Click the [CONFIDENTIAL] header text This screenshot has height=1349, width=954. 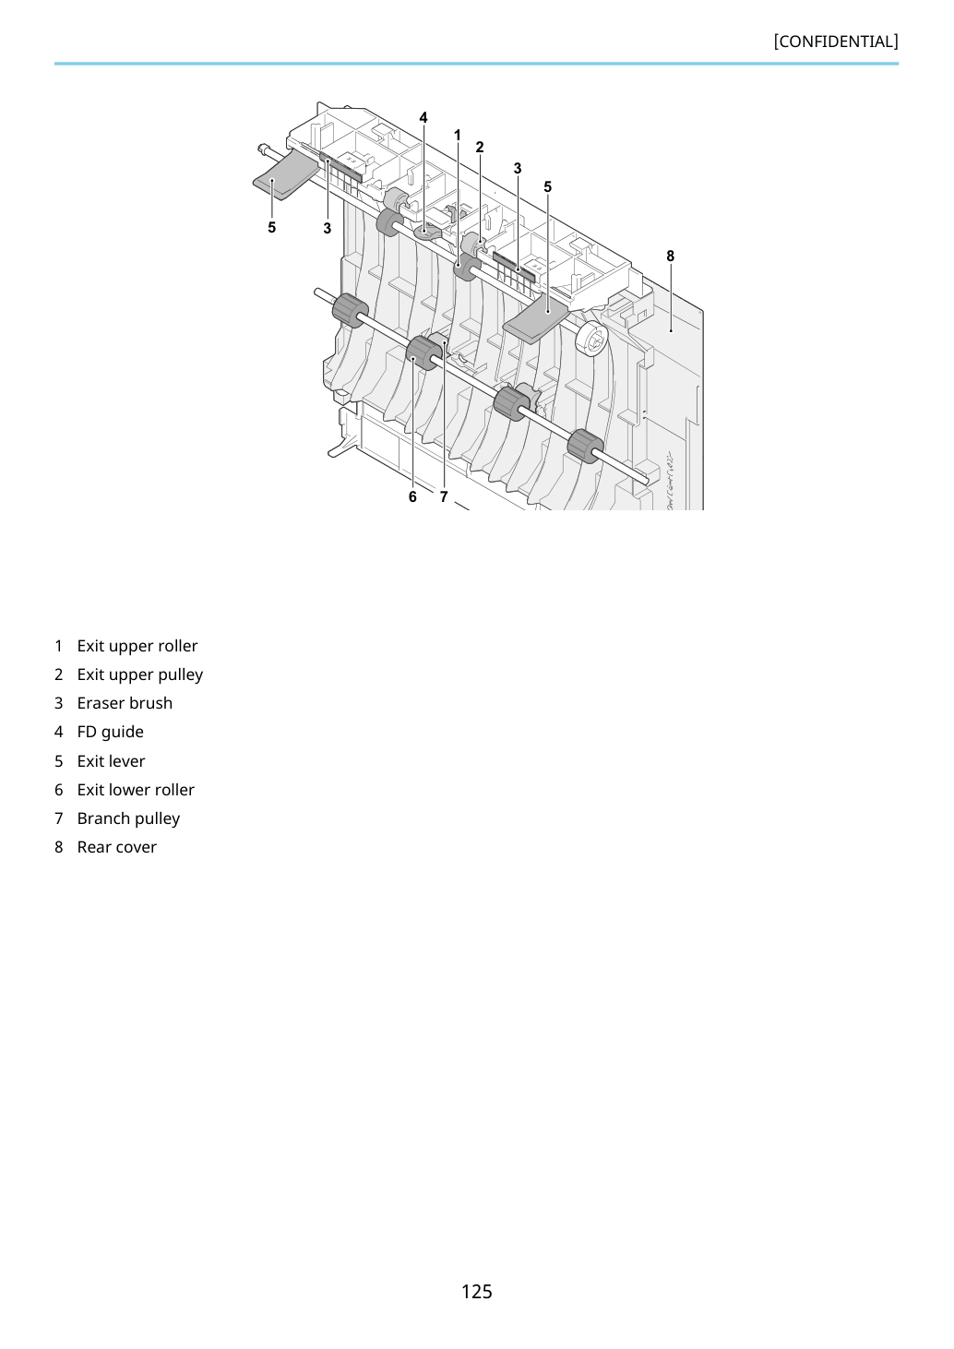835,42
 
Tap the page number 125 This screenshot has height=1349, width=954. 476,1291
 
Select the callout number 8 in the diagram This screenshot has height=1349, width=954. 671,256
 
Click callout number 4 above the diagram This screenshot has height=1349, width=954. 423,117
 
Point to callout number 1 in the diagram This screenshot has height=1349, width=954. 457,135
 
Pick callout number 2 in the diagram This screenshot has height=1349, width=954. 480,147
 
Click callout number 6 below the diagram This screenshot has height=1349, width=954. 412,496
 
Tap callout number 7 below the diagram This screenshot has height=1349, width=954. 444,496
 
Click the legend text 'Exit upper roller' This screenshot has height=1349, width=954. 137,646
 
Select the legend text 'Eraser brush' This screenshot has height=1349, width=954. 125,703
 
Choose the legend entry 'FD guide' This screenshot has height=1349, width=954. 110,732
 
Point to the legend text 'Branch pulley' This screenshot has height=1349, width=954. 128,818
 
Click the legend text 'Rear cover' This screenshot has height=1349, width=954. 117,847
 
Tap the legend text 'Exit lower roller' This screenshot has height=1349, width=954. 136,790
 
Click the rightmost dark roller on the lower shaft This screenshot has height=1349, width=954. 585,447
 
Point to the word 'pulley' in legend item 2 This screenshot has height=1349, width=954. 180,674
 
